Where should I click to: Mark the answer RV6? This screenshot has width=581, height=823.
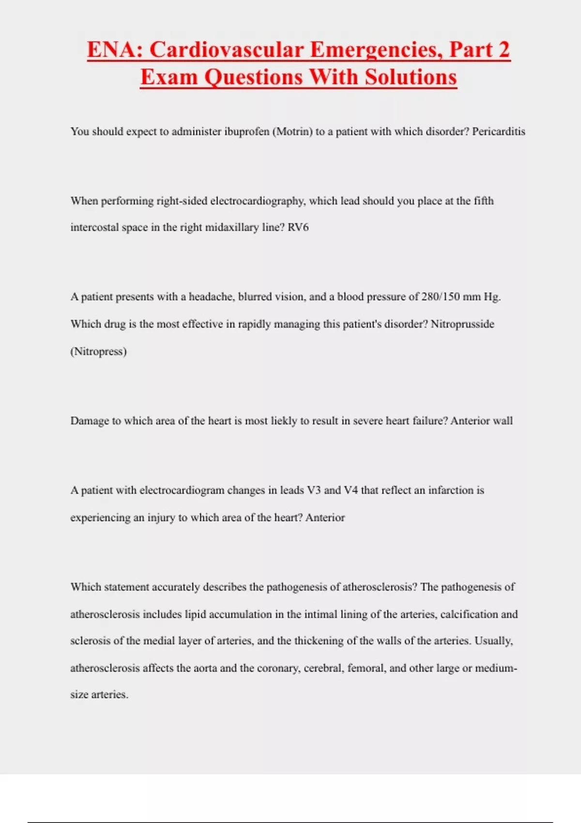click(x=298, y=228)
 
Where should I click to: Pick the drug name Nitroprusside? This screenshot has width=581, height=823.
click(x=462, y=324)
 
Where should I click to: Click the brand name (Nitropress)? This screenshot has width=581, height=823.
click(x=98, y=351)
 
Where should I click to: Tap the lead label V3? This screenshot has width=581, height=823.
click(x=314, y=490)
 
